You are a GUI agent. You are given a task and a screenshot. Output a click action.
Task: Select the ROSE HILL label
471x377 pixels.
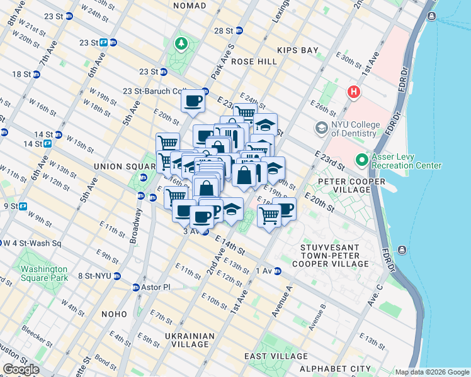[x=254, y=62]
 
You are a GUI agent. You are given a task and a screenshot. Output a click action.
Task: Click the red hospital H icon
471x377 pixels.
[x=354, y=92]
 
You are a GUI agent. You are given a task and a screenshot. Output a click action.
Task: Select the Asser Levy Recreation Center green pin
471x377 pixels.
[x=361, y=161]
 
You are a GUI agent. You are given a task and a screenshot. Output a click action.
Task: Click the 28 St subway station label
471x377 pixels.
[x=224, y=30]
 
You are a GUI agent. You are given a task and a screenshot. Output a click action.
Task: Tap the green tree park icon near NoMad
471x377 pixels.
[x=181, y=43]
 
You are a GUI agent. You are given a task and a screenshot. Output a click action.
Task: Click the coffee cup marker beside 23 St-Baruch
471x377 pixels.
[x=193, y=101]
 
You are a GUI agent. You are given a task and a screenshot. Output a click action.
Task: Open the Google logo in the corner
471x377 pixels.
[x=21, y=369]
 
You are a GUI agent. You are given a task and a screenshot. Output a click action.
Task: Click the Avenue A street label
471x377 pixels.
[x=281, y=298]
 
